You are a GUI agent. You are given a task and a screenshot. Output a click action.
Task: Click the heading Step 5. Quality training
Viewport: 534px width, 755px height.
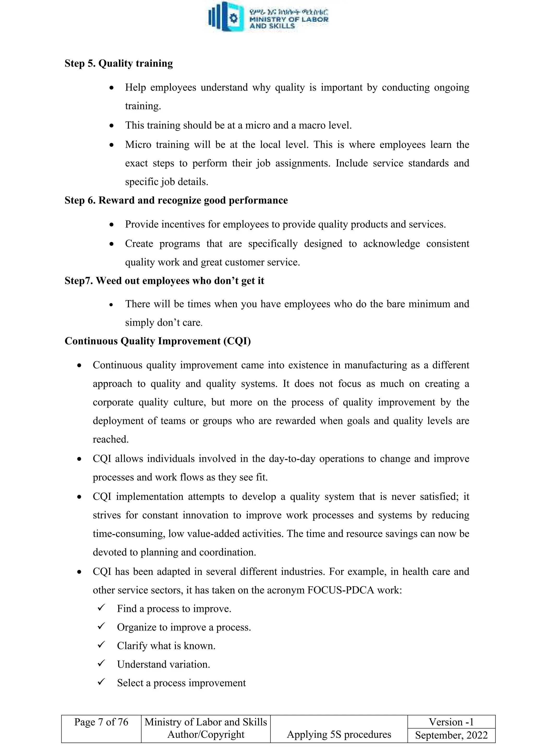(x=118, y=63)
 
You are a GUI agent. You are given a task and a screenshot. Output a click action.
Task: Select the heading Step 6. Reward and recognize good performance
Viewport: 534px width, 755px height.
(x=176, y=200)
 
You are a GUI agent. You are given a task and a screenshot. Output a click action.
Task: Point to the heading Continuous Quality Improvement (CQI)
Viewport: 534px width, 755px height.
(x=157, y=341)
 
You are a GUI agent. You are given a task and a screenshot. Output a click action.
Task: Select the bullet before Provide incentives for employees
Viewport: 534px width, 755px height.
(x=112, y=225)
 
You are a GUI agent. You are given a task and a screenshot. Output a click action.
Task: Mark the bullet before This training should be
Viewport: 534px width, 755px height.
(x=112, y=126)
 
